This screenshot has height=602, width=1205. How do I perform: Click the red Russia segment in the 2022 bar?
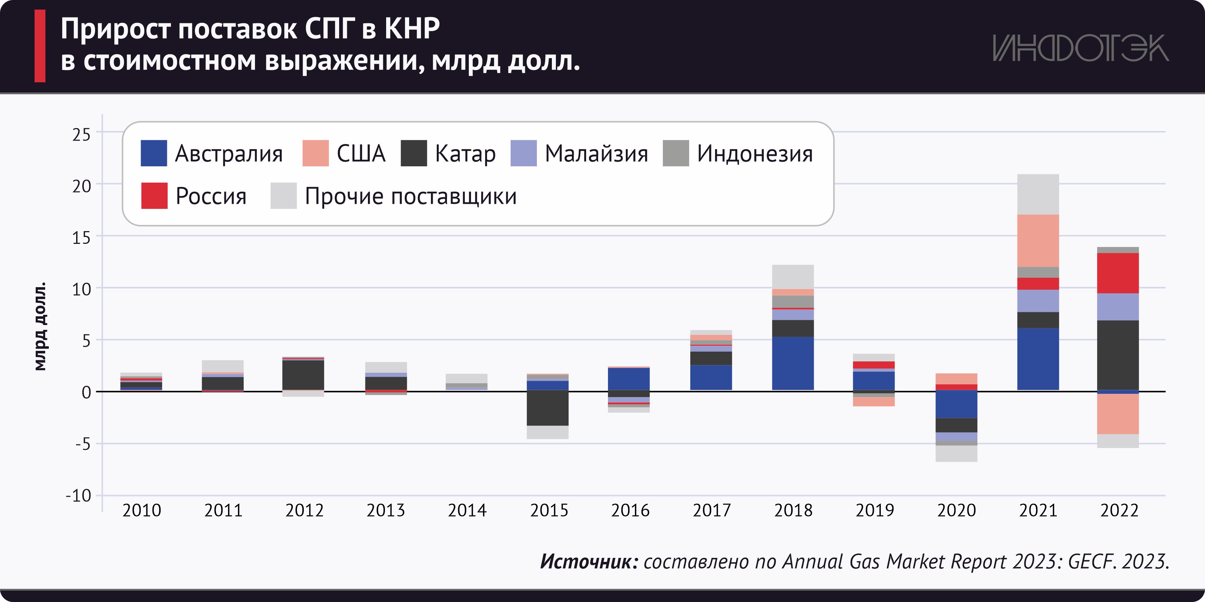[1118, 273]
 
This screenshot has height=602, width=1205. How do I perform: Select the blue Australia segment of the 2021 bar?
[1038, 359]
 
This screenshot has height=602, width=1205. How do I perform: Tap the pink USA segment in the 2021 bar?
[1038, 240]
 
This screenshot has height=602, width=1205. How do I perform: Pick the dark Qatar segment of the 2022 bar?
[1118, 355]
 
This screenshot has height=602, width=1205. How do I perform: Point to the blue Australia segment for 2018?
[793, 363]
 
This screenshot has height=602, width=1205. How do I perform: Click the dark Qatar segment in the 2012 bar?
[303, 375]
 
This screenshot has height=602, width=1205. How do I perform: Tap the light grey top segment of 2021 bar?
[1038, 194]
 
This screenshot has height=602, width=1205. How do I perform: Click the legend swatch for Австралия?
[154, 153]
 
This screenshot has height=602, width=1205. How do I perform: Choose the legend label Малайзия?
[596, 154]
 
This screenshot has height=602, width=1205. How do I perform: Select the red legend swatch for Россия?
[154, 195]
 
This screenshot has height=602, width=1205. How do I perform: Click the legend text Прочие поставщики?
[411, 196]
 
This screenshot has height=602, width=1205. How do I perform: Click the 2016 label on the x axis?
[630, 510]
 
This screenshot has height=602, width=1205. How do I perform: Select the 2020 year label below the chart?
[956, 510]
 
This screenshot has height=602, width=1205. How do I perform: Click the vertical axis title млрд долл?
[41, 326]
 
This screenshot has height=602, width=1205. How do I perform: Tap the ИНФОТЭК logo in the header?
[1080, 48]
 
